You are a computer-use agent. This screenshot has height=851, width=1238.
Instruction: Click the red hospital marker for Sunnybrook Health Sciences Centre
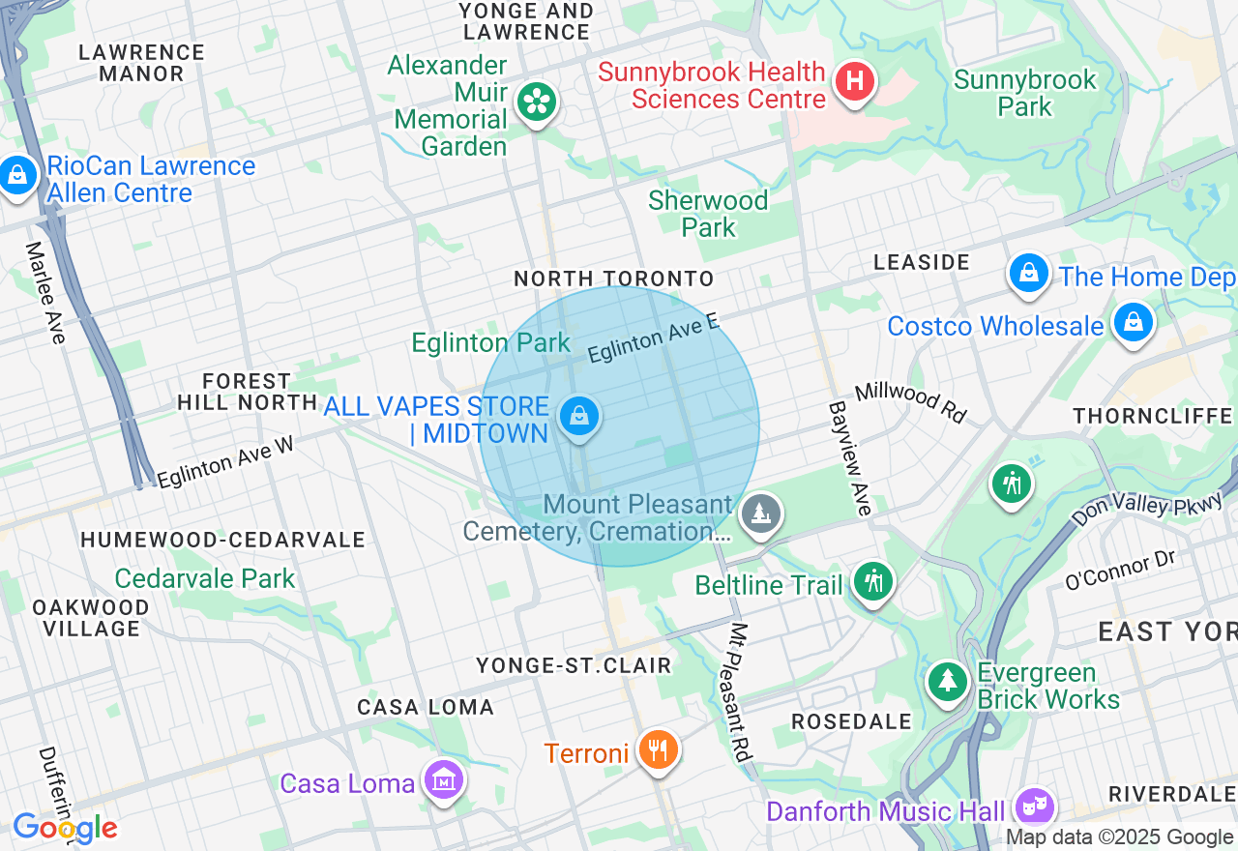[x=855, y=81]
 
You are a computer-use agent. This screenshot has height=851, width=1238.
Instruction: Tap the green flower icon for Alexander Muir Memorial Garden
[x=535, y=101]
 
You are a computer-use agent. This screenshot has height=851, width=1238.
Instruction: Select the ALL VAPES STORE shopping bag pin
[x=578, y=418]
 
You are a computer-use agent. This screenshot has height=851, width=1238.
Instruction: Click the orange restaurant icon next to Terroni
[x=658, y=749]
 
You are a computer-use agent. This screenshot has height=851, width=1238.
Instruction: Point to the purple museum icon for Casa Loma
[x=444, y=778]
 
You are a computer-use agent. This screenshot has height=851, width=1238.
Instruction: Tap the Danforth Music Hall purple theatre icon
[x=1034, y=806]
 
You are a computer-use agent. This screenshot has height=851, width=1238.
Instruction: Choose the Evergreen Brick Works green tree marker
[x=948, y=682]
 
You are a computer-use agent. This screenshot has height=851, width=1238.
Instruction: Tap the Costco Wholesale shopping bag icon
[x=1133, y=322]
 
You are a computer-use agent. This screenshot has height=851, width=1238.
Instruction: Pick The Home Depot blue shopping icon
[x=1029, y=274]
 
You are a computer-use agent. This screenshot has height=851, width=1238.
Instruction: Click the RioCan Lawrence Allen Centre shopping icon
[x=17, y=176]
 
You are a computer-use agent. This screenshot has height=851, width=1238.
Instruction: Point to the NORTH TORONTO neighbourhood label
[x=613, y=279]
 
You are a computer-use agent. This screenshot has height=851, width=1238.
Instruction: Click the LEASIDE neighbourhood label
[x=921, y=262]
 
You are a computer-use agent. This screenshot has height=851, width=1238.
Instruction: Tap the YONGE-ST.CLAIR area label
[x=574, y=665]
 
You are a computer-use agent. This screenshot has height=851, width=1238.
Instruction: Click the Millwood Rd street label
[x=910, y=400]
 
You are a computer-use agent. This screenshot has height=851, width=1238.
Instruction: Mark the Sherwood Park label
[x=708, y=214]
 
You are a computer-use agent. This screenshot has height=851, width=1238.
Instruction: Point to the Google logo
[x=65, y=828]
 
